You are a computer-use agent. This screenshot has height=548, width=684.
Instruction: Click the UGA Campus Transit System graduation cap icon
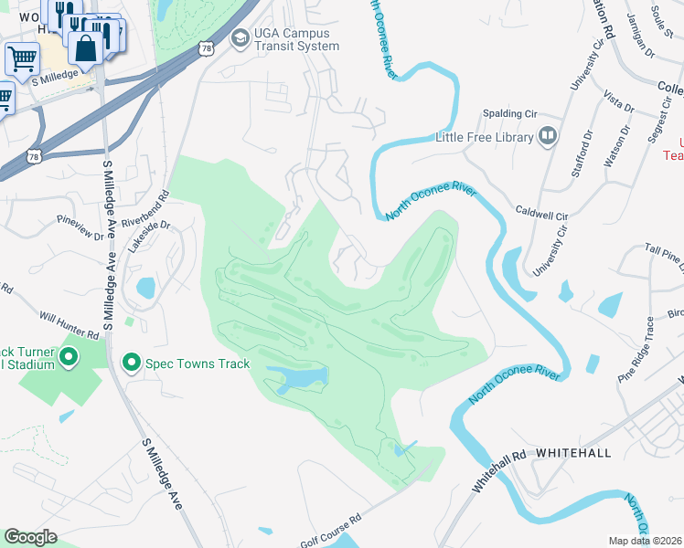pyautogui.click(x=240, y=37)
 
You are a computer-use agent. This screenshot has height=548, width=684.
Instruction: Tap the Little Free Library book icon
pyautogui.click(x=548, y=138)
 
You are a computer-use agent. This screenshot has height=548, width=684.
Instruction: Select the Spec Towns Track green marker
pyautogui.click(x=131, y=364)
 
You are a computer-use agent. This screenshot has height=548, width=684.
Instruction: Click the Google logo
pyautogui.click(x=30, y=537)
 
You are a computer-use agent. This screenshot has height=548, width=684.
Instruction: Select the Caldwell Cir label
pyautogui.click(x=541, y=212)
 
